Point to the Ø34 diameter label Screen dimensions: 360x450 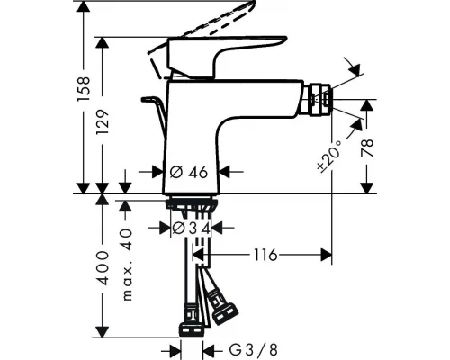pos(192,229)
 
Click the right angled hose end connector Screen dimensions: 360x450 pos(223,310)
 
